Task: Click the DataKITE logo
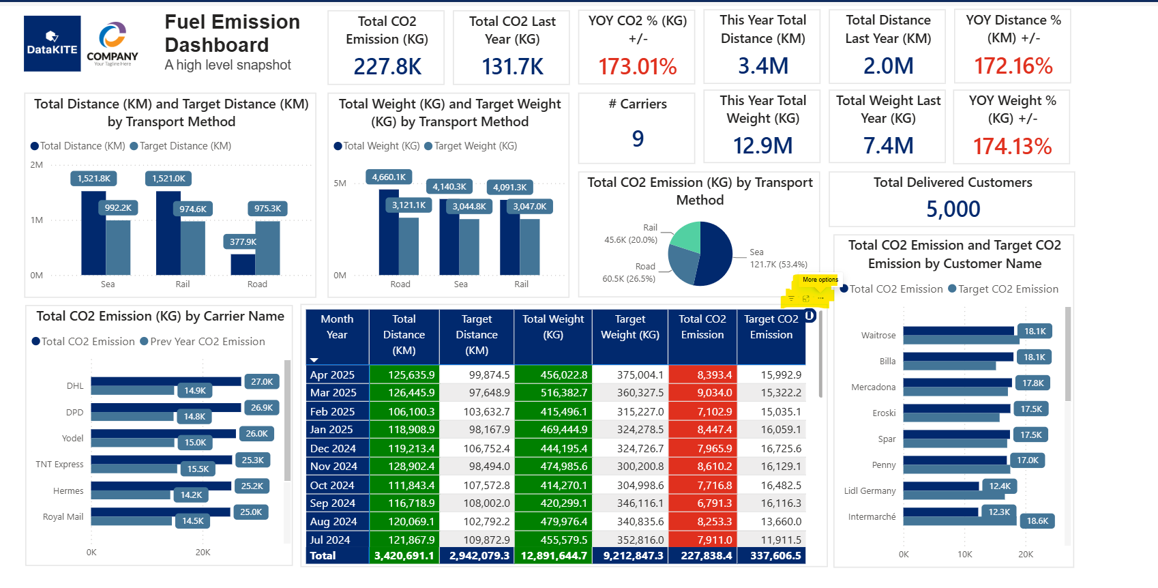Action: (53, 44)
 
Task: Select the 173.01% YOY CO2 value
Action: (638, 67)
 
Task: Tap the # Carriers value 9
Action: (638, 138)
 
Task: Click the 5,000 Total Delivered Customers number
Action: (953, 209)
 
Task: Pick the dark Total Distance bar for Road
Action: (243, 264)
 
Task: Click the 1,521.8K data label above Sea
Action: (94, 179)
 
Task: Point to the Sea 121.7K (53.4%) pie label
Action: (778, 258)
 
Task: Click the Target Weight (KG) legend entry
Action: (471, 146)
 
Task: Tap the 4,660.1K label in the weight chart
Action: (389, 177)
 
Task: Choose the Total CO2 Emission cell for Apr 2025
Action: (702, 374)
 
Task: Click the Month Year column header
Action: (337, 327)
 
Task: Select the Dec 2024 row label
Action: (333, 448)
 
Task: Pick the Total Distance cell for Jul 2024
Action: (404, 540)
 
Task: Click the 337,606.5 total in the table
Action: (771, 555)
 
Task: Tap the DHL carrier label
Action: (75, 386)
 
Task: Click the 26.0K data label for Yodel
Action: (256, 433)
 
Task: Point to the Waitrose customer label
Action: (878, 335)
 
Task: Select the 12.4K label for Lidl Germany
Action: (1000, 486)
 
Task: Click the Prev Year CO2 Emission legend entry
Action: (203, 341)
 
